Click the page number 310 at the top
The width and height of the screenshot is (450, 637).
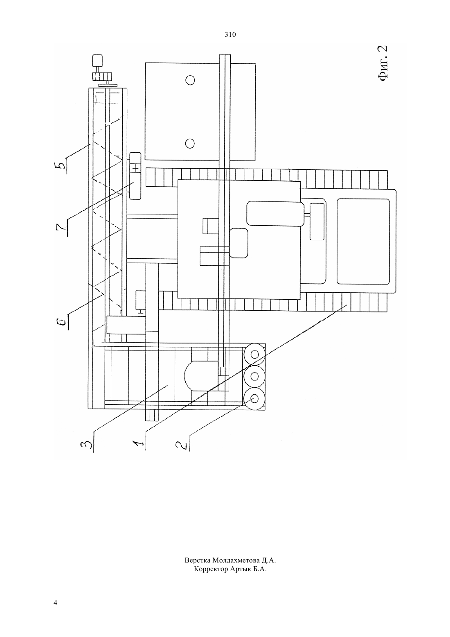click(x=230, y=35)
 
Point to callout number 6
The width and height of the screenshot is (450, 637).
click(x=63, y=321)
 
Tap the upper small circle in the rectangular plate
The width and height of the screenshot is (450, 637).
click(x=190, y=80)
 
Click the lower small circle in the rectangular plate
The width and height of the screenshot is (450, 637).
click(x=190, y=144)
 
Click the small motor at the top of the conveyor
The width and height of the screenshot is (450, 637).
click(x=97, y=60)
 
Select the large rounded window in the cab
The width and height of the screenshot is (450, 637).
click(x=363, y=242)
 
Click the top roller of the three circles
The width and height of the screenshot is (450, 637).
click(x=254, y=355)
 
